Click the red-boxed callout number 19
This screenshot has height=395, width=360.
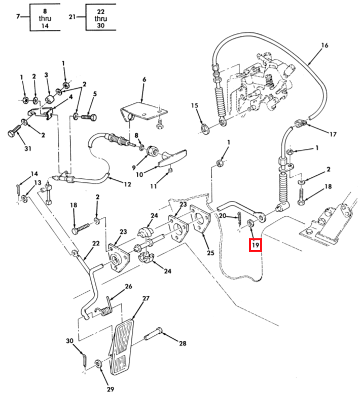tap(255, 246)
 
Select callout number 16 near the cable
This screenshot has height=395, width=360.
tap(325, 46)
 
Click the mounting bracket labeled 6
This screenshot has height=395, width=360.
tap(142, 111)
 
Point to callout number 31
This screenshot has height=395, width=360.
tap(28, 148)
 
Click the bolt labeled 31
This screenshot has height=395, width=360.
tap(13, 133)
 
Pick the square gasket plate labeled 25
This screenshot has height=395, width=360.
tap(201, 219)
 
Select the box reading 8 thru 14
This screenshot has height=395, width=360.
tap(45, 17)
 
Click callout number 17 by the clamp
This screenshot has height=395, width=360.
tap(333, 134)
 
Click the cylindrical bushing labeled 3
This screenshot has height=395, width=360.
tap(50, 97)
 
